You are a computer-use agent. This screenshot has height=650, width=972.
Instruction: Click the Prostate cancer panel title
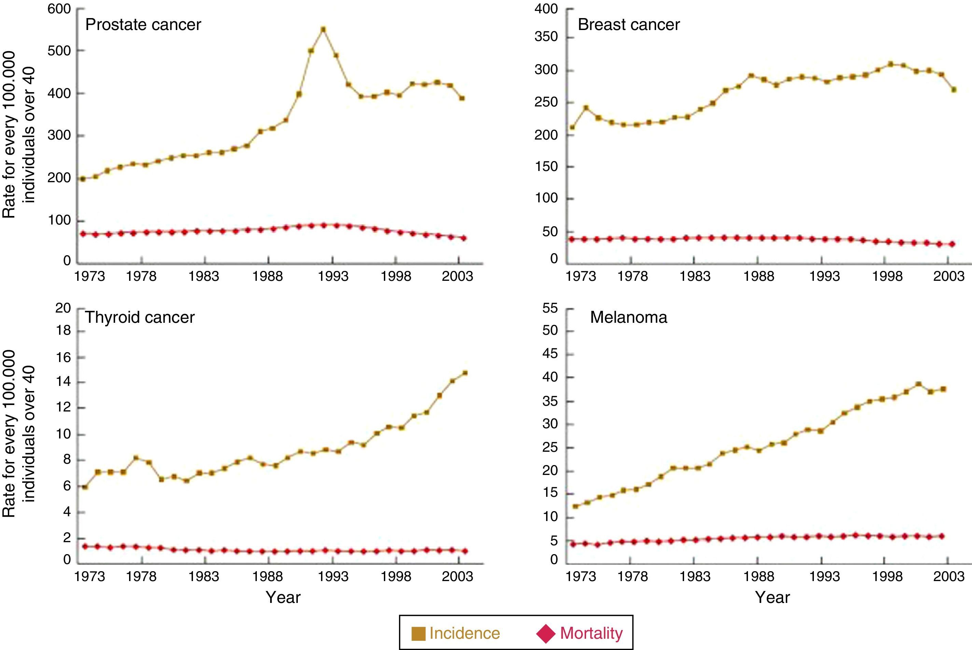tap(143, 25)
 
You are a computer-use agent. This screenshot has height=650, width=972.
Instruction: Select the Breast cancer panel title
tap(628, 25)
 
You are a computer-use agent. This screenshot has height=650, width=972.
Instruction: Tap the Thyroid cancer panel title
tap(140, 318)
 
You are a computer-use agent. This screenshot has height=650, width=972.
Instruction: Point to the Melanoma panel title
tap(628, 318)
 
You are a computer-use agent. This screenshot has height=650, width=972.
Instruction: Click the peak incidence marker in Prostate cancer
tap(323, 29)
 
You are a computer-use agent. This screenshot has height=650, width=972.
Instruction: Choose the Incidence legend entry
tap(456, 633)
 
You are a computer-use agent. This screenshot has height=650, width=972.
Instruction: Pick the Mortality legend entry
tap(580, 633)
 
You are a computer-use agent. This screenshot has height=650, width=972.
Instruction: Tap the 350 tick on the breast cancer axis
tap(546, 37)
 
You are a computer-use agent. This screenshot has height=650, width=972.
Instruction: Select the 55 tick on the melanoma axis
tap(550, 308)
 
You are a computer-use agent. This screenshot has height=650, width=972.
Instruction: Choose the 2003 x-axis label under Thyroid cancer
tap(457, 576)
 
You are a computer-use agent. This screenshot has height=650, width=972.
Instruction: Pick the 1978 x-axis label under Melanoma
tap(632, 576)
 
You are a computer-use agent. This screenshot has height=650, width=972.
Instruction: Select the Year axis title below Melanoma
tap(773, 597)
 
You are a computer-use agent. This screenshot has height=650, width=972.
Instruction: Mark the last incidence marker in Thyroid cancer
tap(465, 373)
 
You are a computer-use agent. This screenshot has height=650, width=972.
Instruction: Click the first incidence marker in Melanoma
tap(575, 506)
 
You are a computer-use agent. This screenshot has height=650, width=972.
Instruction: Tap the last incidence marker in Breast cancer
tap(954, 89)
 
